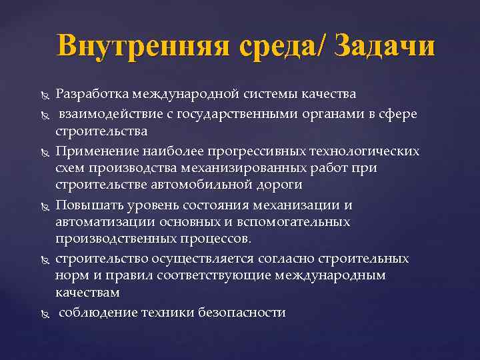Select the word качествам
(88, 293)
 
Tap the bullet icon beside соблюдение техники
(45, 313)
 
